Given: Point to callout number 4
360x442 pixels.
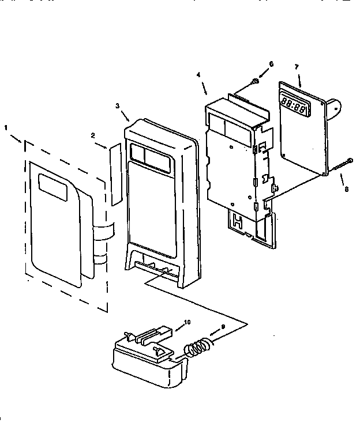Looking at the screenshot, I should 198,74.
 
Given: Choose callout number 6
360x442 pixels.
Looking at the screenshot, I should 271,63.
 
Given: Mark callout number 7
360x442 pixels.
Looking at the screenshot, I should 296,67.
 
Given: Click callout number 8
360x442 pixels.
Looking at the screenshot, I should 346,188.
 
